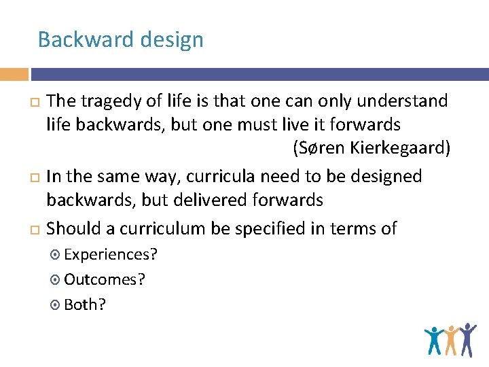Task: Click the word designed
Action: [x=384, y=177]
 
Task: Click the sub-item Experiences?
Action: [x=111, y=254]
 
